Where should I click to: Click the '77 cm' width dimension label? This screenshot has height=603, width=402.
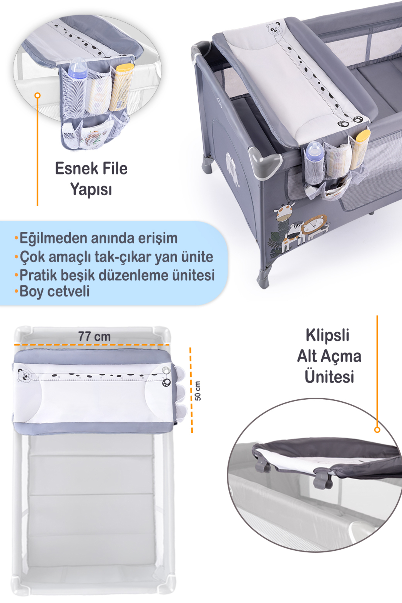pos(94,336)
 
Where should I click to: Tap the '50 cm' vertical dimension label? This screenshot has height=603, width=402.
pos(198,391)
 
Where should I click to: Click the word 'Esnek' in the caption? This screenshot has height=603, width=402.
pos(74,169)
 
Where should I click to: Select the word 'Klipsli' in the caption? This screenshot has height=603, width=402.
pos(328,335)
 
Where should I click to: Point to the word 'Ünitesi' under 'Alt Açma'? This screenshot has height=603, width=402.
pos(329,376)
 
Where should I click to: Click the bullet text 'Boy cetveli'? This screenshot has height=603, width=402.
pos(55,291)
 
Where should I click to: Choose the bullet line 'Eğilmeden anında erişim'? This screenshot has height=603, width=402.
pos(98,238)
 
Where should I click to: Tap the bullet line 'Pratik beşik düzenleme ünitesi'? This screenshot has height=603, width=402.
pos(117,275)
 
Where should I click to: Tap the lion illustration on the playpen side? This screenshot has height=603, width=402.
pos(315,226)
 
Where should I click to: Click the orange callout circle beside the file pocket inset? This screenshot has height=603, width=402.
pos(38,96)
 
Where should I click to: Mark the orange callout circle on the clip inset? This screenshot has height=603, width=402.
pos(377,430)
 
